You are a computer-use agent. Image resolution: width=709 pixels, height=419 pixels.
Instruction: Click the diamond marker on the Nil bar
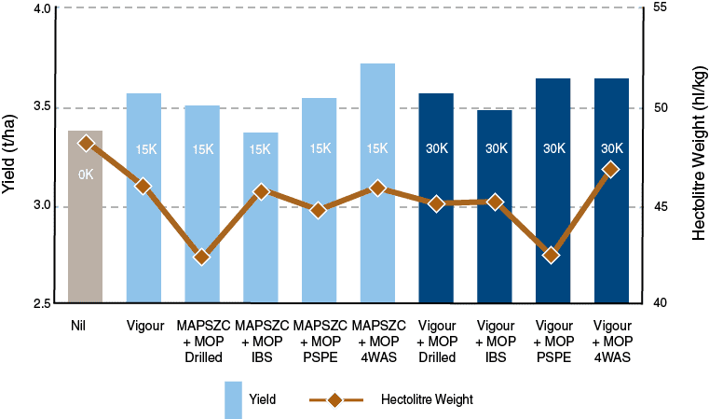point(87,143)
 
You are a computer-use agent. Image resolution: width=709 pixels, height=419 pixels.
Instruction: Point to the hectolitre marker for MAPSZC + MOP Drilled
point(202,257)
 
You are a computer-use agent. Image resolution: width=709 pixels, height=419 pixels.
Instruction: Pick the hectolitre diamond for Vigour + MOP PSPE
point(552,255)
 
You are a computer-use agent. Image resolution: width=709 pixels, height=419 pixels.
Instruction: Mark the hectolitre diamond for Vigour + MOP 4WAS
point(610,170)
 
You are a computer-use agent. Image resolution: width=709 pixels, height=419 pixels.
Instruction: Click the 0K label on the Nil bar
point(86,175)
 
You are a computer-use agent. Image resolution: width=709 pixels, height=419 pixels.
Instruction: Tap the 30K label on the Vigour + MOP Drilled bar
point(436,148)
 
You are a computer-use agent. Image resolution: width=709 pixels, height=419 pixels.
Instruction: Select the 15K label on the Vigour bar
point(144,149)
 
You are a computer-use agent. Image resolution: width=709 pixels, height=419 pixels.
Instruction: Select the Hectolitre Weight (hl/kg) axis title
point(699,154)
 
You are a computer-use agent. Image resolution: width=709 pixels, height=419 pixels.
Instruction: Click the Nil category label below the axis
point(78,327)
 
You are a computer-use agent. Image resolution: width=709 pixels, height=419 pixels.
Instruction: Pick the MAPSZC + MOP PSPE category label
point(320,342)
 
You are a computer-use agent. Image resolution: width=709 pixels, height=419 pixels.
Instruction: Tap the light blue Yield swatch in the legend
point(234,399)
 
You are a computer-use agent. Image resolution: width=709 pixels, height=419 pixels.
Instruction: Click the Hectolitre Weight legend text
point(428,400)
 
